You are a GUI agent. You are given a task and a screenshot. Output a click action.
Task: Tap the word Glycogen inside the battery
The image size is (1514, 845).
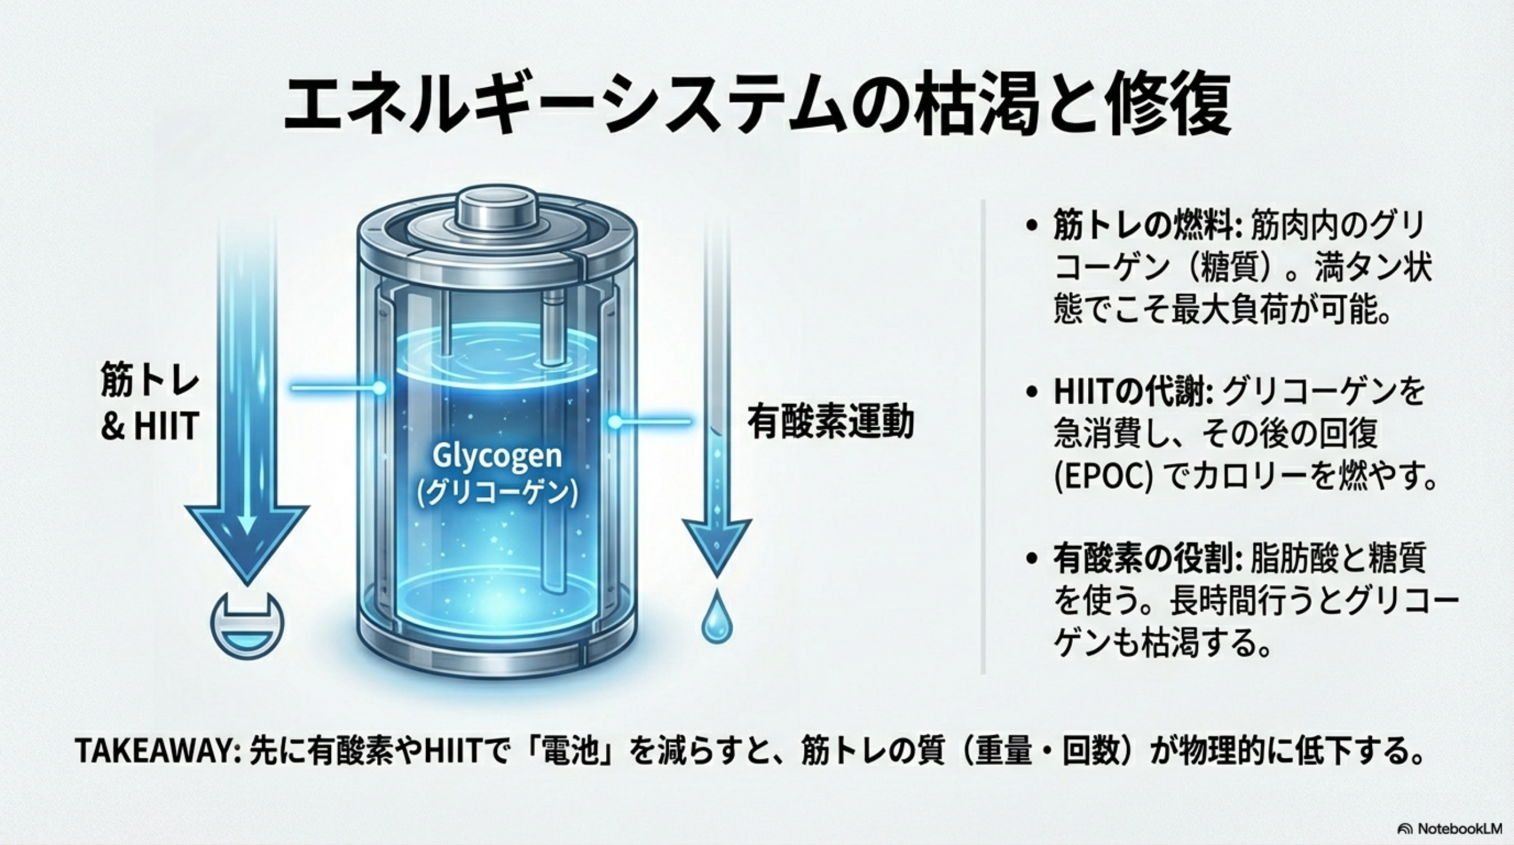tap(498, 457)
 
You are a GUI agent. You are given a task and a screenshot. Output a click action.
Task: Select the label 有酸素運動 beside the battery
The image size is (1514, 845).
tap(831, 422)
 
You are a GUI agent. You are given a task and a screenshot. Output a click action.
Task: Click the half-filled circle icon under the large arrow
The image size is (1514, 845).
tap(247, 622)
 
